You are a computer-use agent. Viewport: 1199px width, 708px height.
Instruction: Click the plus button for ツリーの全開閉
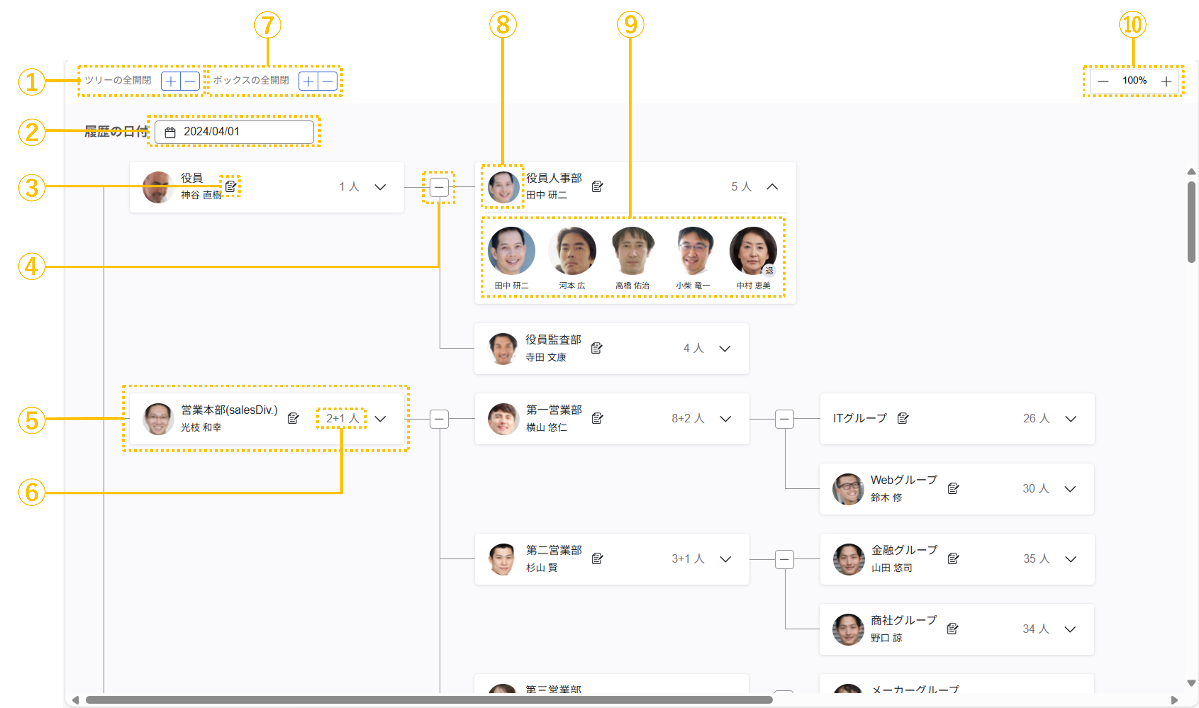[170, 81]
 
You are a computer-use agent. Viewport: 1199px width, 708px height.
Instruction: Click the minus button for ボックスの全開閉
[327, 81]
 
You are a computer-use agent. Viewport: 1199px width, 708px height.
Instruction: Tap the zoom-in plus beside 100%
[1166, 81]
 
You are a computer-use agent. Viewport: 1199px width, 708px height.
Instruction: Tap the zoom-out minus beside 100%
[1103, 81]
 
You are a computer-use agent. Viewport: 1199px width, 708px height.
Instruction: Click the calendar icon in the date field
[170, 132]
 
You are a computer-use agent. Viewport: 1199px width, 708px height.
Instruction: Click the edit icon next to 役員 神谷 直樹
[230, 186]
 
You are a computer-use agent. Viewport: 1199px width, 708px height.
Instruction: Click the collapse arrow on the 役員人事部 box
[772, 187]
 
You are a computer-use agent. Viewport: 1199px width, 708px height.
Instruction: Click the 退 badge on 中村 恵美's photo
[769, 271]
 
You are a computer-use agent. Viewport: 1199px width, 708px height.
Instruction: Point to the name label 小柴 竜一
[693, 285]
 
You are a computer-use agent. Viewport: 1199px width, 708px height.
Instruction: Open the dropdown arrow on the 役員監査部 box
[725, 349]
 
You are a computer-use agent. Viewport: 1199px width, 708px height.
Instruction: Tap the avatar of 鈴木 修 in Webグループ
[848, 489]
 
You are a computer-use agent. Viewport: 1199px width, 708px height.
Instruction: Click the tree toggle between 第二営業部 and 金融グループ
[784, 559]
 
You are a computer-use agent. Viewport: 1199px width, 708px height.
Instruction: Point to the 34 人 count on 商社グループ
[1035, 629]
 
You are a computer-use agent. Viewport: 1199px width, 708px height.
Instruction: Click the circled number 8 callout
[502, 25]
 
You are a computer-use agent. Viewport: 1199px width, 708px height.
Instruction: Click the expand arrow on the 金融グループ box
[1071, 559]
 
